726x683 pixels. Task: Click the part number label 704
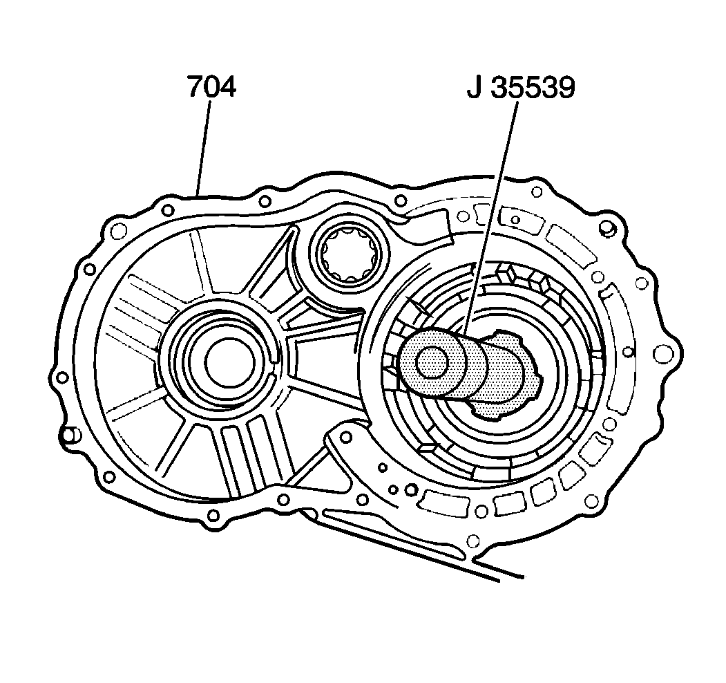pos(211,88)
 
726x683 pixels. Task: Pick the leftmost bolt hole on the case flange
pos(63,377)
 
